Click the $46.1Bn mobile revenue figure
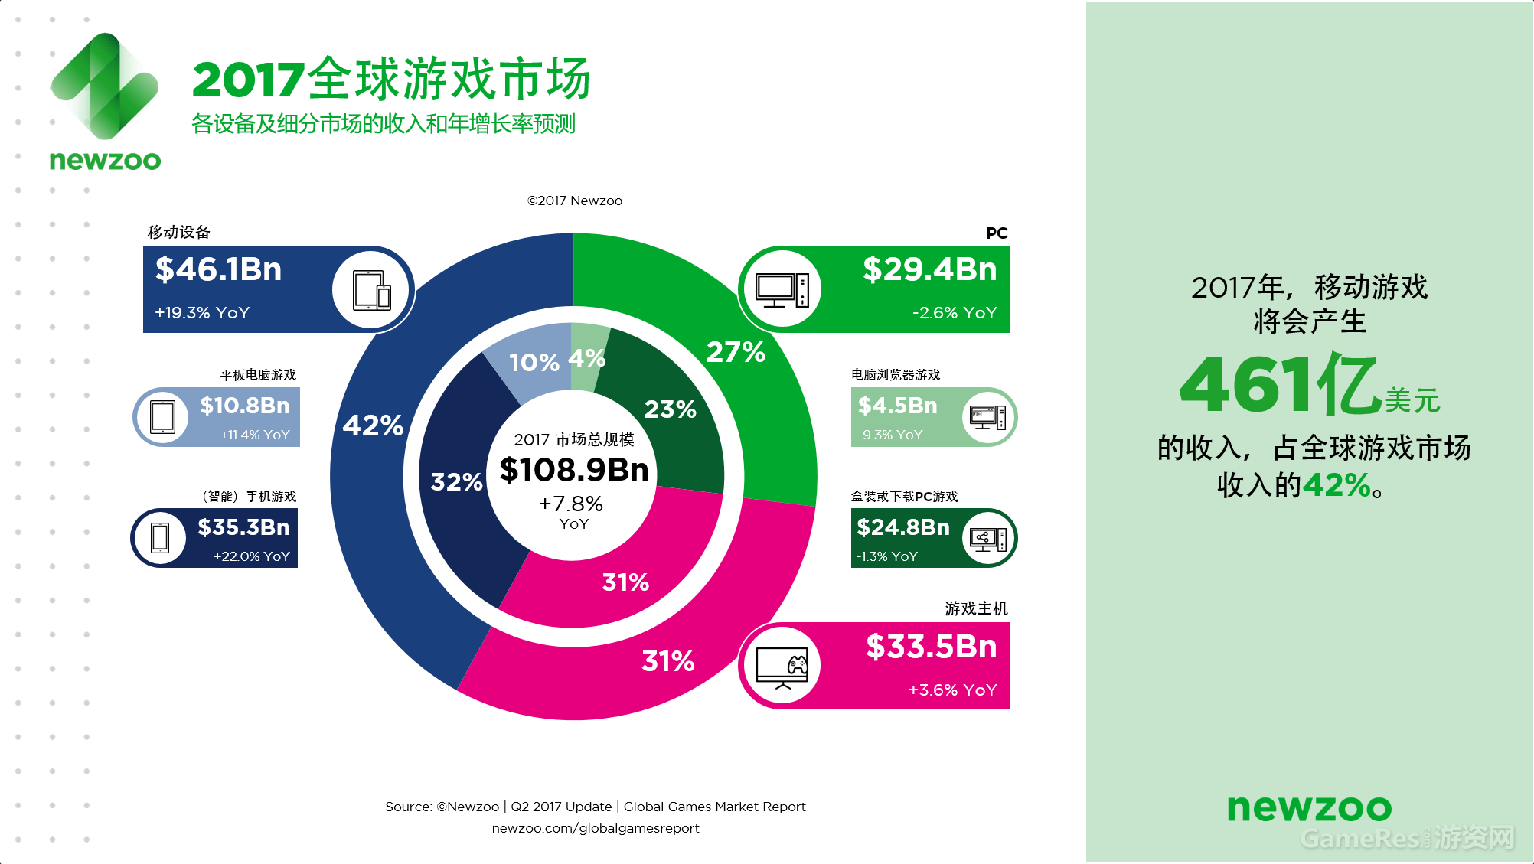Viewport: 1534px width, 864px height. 219,269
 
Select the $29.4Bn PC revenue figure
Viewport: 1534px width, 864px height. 930,269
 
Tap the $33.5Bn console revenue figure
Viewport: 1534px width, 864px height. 932,647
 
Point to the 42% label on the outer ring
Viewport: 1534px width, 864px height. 373,425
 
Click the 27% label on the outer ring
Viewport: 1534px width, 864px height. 736,352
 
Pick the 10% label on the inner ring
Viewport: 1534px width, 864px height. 534,362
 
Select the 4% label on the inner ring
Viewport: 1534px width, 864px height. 587,357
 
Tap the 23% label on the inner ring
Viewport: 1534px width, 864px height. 671,409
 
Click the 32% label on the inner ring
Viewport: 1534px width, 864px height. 456,481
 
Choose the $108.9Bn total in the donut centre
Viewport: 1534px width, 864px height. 574,469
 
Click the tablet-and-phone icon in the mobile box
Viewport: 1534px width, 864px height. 372,290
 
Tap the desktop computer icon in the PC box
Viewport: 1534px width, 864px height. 782,289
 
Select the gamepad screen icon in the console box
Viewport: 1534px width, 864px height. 782,667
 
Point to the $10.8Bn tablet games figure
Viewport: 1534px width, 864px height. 245,406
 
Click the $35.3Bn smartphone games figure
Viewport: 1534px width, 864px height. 243,527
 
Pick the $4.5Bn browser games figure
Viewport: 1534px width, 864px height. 898,406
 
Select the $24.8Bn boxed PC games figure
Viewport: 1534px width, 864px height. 903,527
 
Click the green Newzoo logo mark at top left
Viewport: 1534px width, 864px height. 105,86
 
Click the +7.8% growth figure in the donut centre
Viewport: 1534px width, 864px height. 571,504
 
